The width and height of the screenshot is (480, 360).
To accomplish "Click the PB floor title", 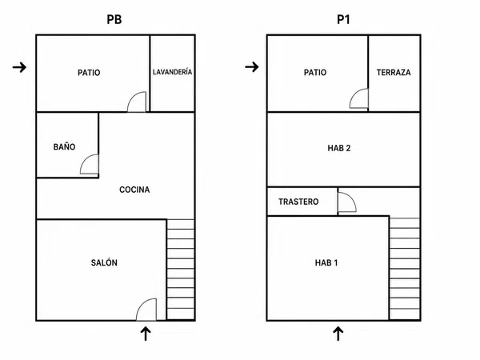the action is coord(114,19).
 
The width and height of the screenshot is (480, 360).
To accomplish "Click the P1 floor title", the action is coord(343,19).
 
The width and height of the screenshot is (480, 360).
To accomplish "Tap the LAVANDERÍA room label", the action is coord(172,72).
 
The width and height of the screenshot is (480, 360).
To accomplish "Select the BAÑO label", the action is coord(64,147).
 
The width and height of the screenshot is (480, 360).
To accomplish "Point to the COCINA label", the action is coord(134,190).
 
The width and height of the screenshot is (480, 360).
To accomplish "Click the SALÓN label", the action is coord(104,262).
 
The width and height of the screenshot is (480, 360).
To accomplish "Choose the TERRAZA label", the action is coord(394,73).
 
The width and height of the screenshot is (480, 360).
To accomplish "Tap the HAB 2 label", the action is coord(339,149).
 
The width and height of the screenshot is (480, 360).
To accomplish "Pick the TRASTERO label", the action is coord(298,202).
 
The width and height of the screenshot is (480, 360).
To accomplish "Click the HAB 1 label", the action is coord(326,262).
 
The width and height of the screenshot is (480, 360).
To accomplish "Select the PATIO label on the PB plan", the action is coord(89,73).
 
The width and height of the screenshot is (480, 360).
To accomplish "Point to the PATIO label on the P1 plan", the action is coord(315,73).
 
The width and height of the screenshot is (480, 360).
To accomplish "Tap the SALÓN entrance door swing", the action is coord(142,304).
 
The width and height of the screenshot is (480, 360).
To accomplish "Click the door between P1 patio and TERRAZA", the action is coord(354,94).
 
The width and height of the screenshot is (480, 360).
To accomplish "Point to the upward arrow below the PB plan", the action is coord(146,334).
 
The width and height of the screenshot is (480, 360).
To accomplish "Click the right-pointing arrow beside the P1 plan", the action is coord(252,66).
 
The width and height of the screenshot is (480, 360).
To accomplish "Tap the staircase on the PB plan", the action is coord(181,270).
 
